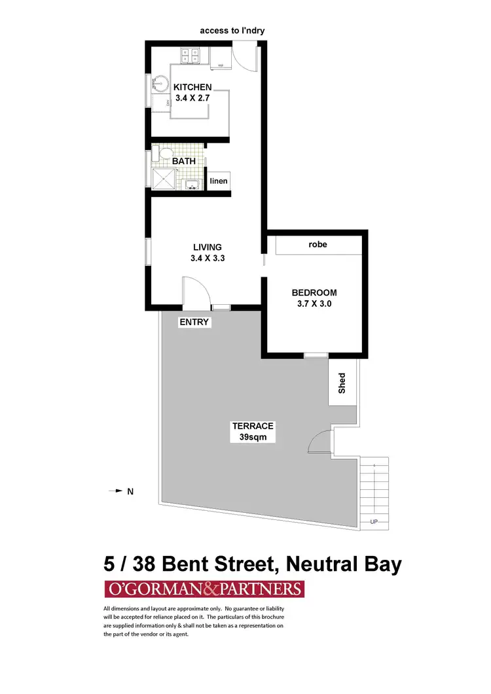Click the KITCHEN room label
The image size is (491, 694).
click(192, 87)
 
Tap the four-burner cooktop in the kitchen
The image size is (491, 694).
click(191, 56)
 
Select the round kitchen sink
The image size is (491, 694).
click(160, 83)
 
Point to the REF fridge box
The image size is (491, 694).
click(221, 62)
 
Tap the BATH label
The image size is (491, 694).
click(183, 160)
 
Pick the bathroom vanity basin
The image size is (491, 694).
click(192, 184)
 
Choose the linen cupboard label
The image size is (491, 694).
click(219, 181)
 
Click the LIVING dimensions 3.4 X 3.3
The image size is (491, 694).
click(208, 258)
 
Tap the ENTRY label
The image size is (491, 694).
click(194, 322)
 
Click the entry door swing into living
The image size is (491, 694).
click(194, 291)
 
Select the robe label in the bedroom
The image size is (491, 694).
click(318, 245)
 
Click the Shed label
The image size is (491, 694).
click(342, 383)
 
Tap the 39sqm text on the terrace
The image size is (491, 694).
click(244, 437)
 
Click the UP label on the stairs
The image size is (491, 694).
click(374, 522)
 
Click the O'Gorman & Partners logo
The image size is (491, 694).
click(204, 589)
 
